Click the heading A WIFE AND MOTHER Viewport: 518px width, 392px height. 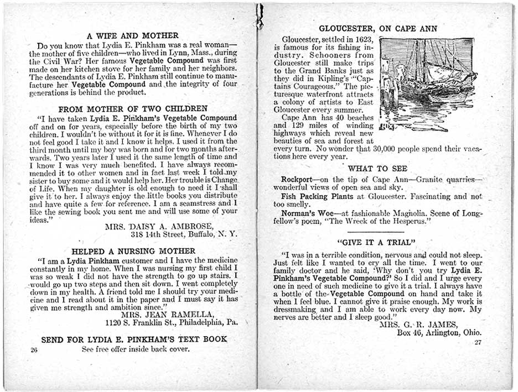(133, 36)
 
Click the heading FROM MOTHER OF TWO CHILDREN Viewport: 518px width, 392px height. (133, 109)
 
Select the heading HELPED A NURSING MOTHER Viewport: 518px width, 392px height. (133, 251)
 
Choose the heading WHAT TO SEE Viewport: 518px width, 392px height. (378, 169)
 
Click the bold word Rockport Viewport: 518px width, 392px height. (297, 180)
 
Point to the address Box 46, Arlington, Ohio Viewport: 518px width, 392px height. (439, 333)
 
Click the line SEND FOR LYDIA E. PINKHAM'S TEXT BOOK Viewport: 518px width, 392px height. (134, 339)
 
